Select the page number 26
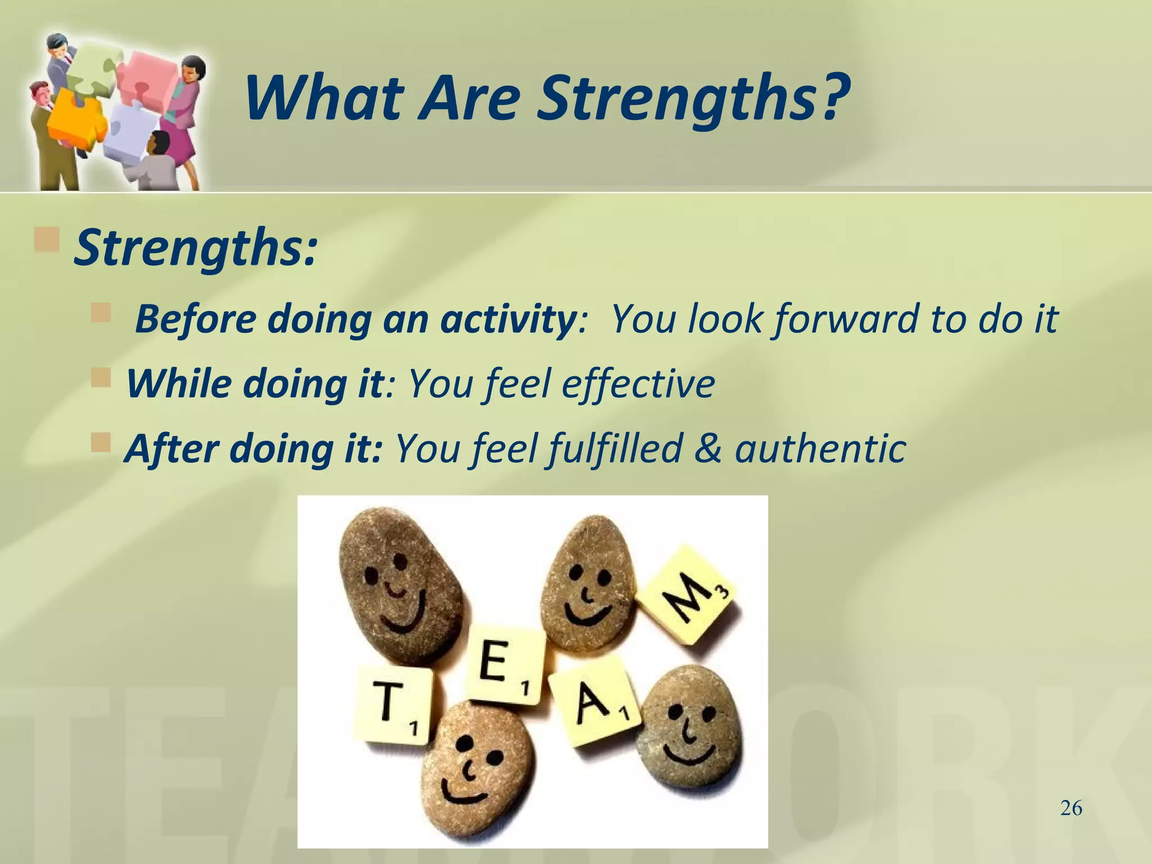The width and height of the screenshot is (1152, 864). tap(1071, 809)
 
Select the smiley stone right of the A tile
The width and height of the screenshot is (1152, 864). tap(690, 731)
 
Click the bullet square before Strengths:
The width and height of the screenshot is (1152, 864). tap(47, 239)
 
